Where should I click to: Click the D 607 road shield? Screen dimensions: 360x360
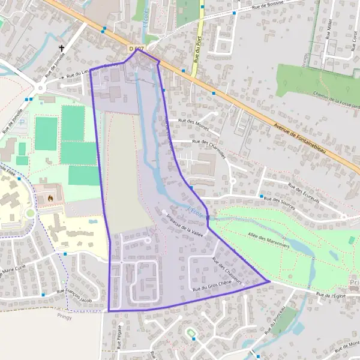(x=136, y=48)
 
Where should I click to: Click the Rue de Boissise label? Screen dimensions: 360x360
(x=268, y=8)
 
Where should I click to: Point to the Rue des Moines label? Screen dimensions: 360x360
(x=193, y=121)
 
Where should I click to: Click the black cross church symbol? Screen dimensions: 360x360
(x=61, y=49)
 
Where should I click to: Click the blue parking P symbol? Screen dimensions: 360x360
(x=23, y=122)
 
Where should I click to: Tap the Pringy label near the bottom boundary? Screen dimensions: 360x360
(x=65, y=317)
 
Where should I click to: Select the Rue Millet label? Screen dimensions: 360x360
(x=329, y=30)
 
